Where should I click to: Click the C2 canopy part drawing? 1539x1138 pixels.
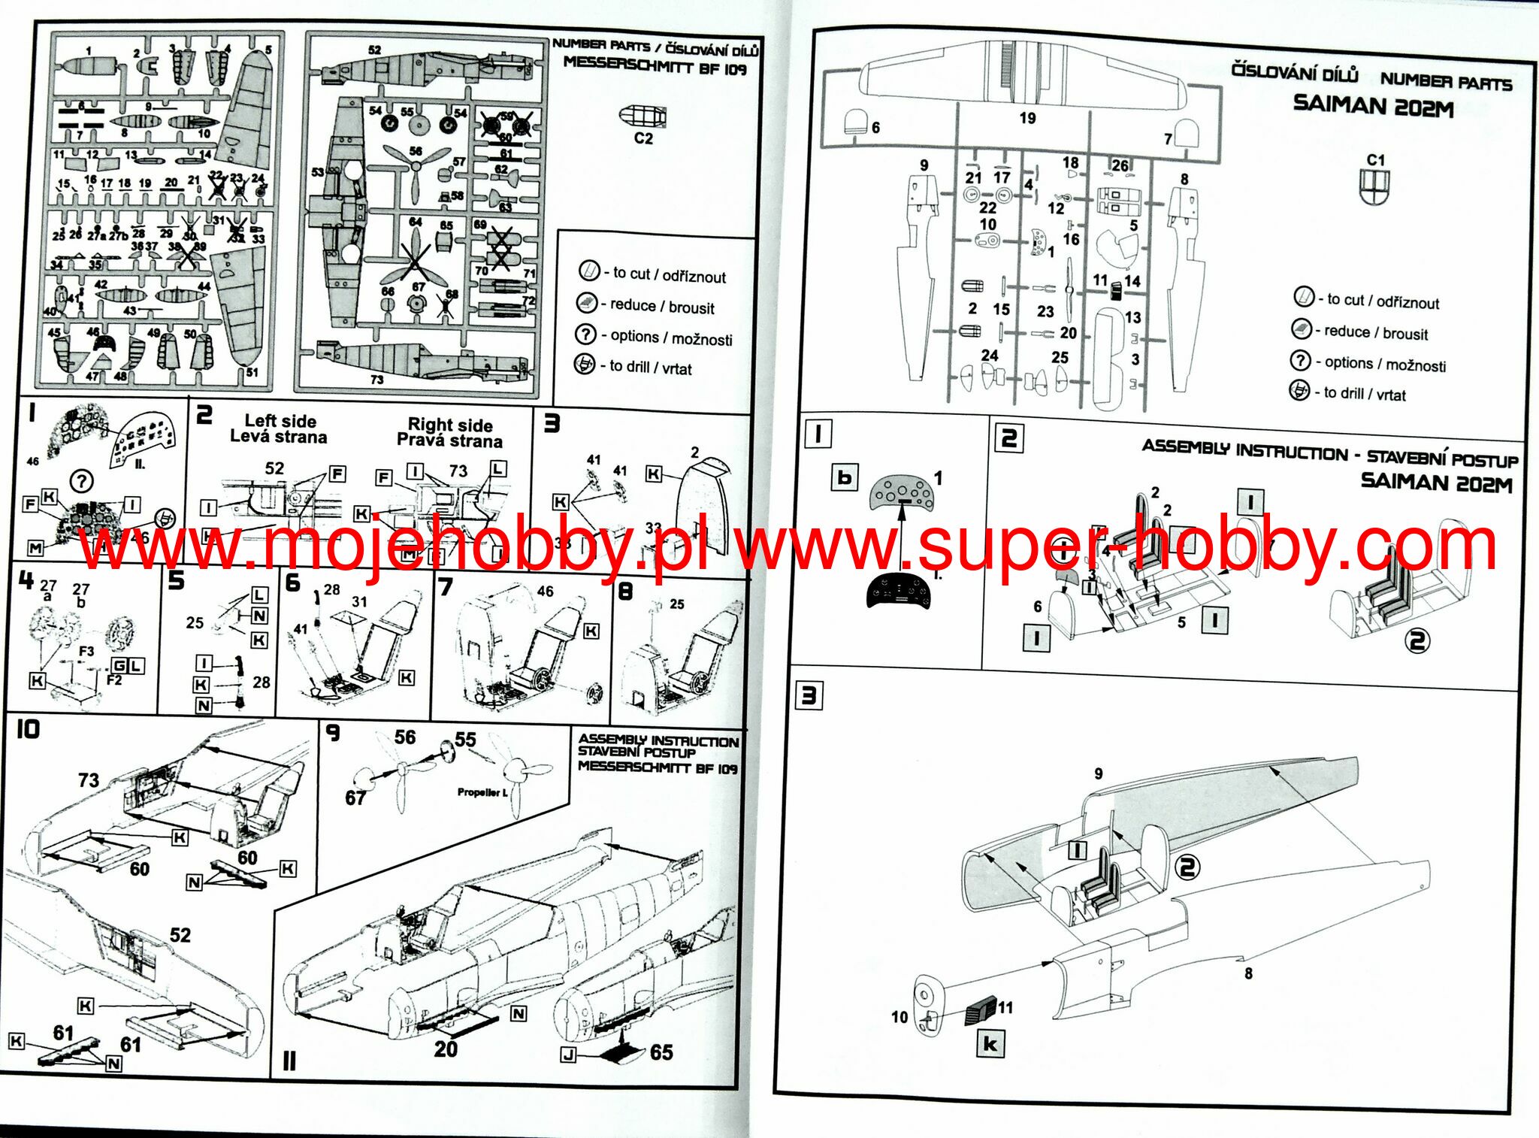pos(642,117)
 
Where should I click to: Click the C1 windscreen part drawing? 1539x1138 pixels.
pos(1374,186)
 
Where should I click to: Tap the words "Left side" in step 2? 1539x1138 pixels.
pos(280,421)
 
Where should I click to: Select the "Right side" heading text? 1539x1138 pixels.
pos(449,425)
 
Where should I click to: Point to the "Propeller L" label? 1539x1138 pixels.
pos(482,792)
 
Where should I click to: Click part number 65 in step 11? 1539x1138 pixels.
pos(661,1052)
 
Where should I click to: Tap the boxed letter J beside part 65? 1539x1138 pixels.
pos(569,1055)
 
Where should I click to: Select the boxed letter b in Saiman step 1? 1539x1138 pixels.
pos(845,477)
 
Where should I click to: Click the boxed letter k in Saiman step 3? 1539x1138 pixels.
pos(990,1044)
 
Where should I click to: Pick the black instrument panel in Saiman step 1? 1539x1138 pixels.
pos(898,591)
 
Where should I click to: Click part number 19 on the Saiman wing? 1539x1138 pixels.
pos(1027,118)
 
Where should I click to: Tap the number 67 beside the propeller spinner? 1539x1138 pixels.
pos(355,798)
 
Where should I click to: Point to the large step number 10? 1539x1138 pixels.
pos(28,729)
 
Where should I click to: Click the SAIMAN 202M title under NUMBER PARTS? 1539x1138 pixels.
pos(1373,106)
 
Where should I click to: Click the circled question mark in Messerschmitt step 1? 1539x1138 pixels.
pos(81,480)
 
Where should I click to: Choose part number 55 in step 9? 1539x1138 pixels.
pos(465,740)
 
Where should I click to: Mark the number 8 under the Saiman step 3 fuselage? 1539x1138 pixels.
pos(1248,973)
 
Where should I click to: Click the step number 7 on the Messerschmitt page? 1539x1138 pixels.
pos(445,586)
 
